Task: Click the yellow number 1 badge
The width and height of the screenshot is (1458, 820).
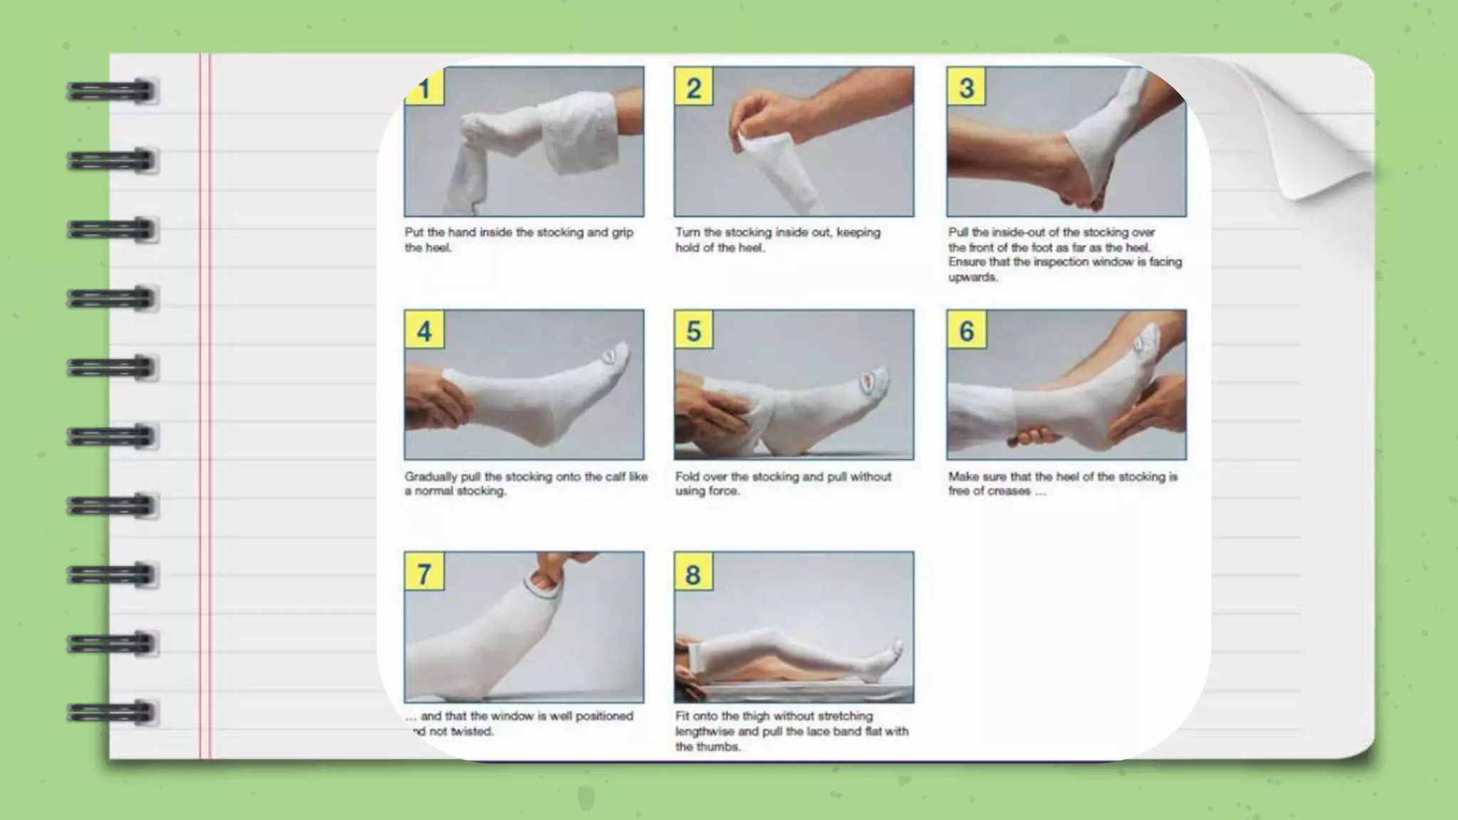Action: [425, 88]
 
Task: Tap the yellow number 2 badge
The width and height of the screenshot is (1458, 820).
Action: [693, 88]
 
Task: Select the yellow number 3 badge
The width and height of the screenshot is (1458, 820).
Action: [966, 88]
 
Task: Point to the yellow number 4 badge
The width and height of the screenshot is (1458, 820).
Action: [424, 330]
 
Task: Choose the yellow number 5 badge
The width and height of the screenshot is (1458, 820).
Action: [693, 330]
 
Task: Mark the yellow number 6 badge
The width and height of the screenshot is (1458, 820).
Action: [966, 330]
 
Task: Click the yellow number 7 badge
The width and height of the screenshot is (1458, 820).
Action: [424, 573]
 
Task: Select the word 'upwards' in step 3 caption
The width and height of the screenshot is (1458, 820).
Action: [972, 277]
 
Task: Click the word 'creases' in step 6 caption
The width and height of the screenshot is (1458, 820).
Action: [1008, 491]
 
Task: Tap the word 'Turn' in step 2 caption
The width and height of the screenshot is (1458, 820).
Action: [687, 233]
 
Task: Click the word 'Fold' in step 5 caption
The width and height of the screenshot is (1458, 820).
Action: [687, 476]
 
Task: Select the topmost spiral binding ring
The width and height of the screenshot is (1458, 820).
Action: [112, 92]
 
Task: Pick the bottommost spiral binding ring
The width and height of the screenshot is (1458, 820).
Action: [112, 712]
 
